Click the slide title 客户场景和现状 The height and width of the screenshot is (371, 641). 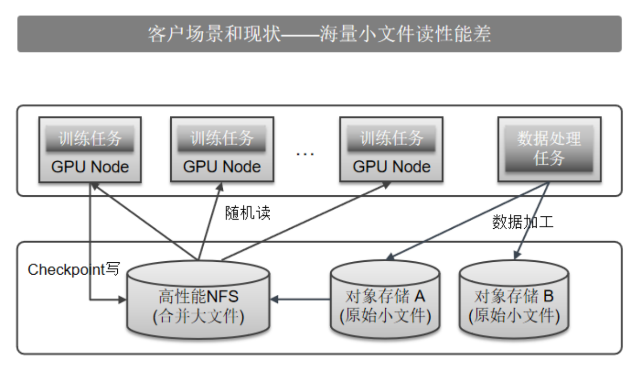pyautogui.click(x=214, y=34)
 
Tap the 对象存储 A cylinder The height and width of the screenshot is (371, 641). pyautogui.click(x=385, y=299)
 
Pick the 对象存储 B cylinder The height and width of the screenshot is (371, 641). pyautogui.click(x=514, y=300)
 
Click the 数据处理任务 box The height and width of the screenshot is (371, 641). pyautogui.click(x=549, y=149)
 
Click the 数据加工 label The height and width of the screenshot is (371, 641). pyautogui.click(x=523, y=222)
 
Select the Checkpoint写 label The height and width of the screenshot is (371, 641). pyautogui.click(x=74, y=269)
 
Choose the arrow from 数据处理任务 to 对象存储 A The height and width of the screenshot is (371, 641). pyautogui.click(x=463, y=222)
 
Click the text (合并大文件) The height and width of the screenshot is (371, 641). pyautogui.click(x=198, y=315)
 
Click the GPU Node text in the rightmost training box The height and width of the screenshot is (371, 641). pyautogui.click(x=391, y=167)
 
